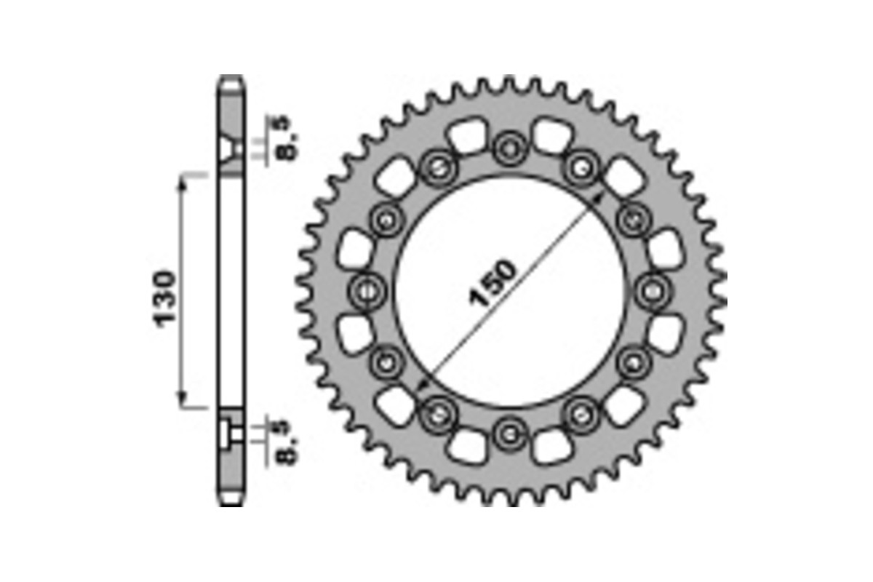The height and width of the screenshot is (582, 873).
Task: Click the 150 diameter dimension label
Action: click(x=494, y=282)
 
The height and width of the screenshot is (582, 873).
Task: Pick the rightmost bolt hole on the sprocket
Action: click(x=651, y=292)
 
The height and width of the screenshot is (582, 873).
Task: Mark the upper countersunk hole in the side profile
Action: click(x=232, y=151)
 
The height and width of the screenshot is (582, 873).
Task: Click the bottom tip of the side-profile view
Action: click(x=232, y=503)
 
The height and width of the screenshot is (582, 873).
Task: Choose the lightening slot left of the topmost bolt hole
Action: click(x=466, y=136)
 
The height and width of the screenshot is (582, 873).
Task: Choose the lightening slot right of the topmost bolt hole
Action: click(x=551, y=136)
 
